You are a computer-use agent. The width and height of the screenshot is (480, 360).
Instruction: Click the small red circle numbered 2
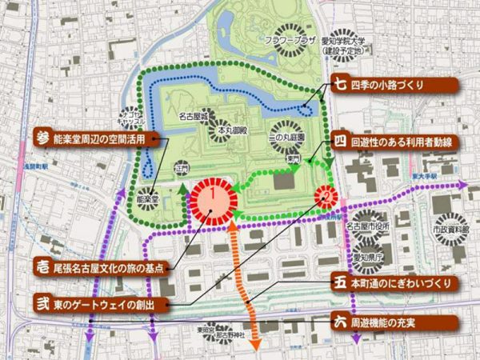point(326,194)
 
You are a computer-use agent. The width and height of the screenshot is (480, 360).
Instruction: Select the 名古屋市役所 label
point(371,226)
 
